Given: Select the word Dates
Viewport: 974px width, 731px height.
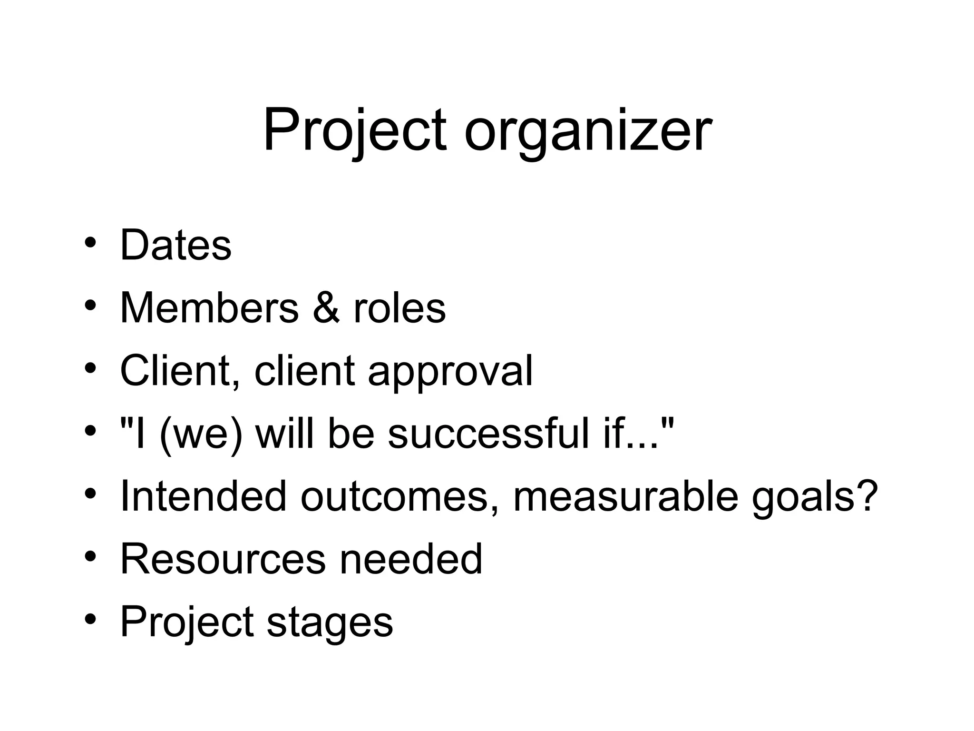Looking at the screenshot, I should pos(175,245).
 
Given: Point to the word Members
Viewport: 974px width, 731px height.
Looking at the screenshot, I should pos(209,308).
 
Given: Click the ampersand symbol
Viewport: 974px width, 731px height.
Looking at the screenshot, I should pos(326,308).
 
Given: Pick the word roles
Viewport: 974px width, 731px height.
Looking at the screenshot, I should pos(399,308).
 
